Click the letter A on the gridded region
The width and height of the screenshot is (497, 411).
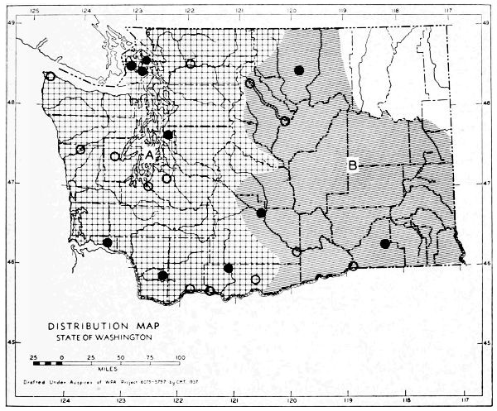point(149,155)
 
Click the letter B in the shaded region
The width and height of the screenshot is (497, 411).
point(352,166)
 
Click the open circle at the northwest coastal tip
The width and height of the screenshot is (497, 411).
point(51,77)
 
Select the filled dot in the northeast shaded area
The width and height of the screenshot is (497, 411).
point(299,70)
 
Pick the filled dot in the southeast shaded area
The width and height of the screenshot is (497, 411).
point(385,243)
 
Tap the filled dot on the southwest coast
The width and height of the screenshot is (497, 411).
point(108,242)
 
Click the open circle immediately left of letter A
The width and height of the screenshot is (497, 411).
point(115,156)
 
